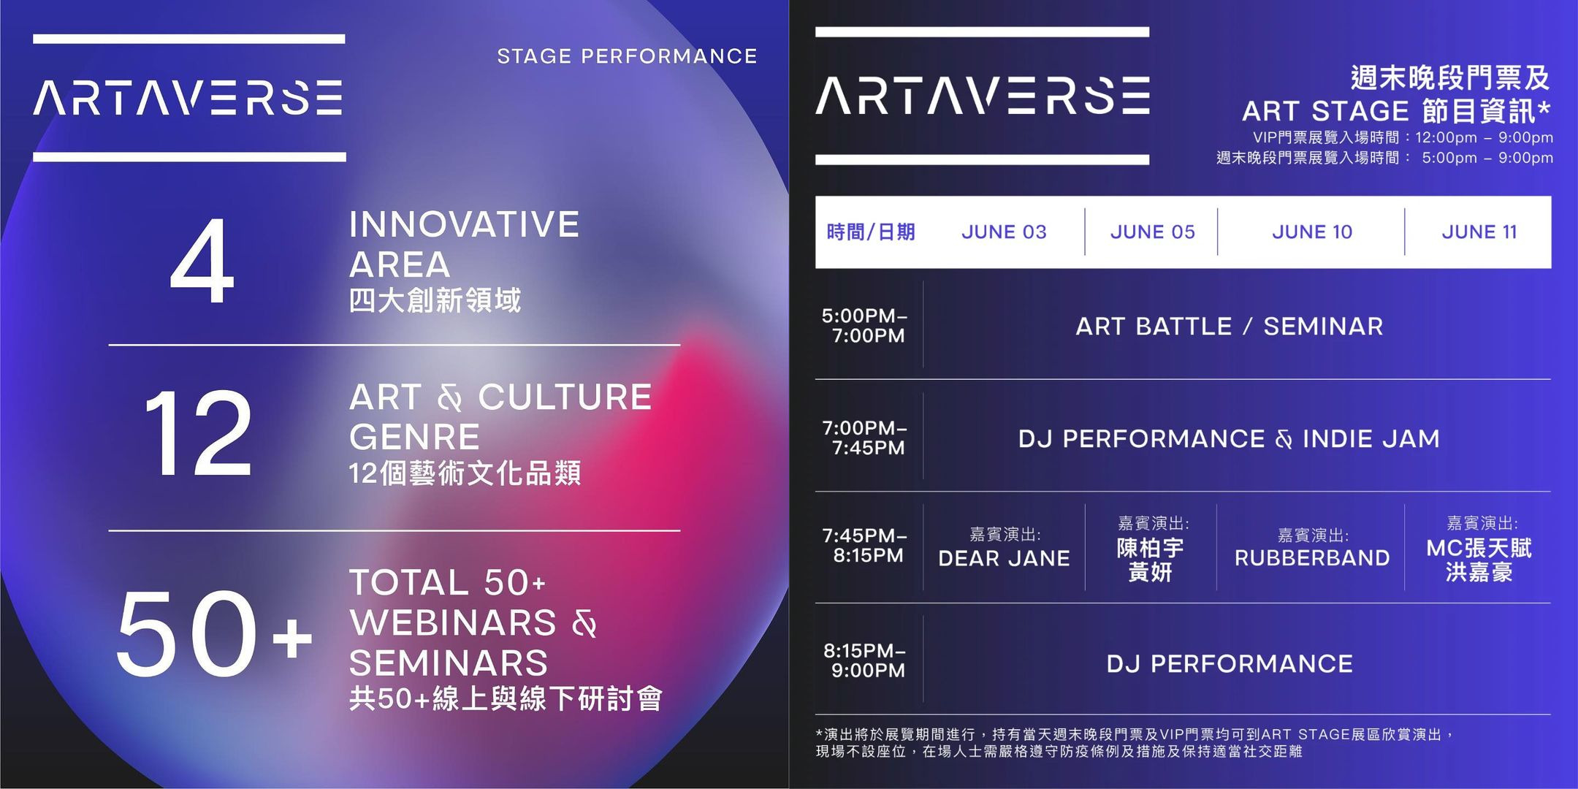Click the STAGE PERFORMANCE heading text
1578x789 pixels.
627,56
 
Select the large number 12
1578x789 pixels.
198,432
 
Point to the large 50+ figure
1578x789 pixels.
214,633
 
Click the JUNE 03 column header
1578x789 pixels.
1004,232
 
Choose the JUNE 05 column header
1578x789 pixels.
1153,232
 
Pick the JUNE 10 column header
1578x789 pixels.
1312,232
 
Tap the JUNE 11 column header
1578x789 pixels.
1479,232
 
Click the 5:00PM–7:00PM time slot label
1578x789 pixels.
865,326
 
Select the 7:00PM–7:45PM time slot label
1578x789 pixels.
865,438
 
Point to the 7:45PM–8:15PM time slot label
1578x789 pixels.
865,546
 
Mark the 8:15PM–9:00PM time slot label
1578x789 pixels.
865,660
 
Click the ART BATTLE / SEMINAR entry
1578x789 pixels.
1230,327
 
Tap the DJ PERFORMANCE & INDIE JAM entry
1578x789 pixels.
1230,439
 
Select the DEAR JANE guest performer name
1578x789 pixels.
1004,559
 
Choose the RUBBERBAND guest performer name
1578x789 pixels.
1312,558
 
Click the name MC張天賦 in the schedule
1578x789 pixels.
1479,548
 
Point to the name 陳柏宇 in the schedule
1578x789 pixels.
1151,548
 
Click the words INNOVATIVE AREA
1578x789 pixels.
464,244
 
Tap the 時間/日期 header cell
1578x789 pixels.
871,232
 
